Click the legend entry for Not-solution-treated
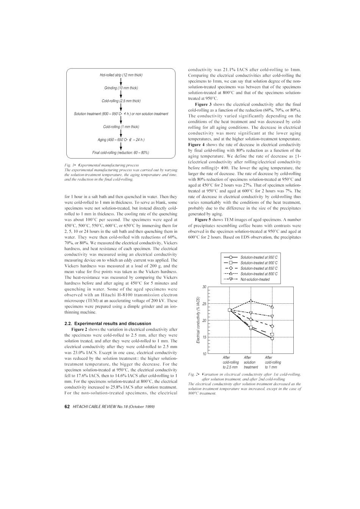(x=255, y=279)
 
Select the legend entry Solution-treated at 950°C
(x=258, y=257)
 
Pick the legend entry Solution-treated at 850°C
(x=258, y=268)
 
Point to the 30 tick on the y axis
(x=204, y=287)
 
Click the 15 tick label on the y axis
(x=204, y=337)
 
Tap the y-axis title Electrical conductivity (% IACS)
(x=198, y=320)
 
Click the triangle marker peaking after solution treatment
(x=251, y=301)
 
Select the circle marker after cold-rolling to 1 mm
(x=272, y=338)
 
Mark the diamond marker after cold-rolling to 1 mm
(x=272, y=326)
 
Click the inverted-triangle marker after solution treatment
(x=251, y=313)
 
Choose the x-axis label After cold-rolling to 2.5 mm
(x=230, y=362)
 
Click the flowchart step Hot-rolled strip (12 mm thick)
(x=121, y=75)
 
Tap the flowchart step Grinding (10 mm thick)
(x=121, y=88)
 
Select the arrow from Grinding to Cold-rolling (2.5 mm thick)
(x=121, y=94)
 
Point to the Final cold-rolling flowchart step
(x=121, y=153)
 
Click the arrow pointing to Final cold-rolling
(x=121, y=146)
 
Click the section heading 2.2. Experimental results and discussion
(x=108, y=323)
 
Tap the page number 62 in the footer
(x=67, y=407)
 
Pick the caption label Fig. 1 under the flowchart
(x=69, y=165)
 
